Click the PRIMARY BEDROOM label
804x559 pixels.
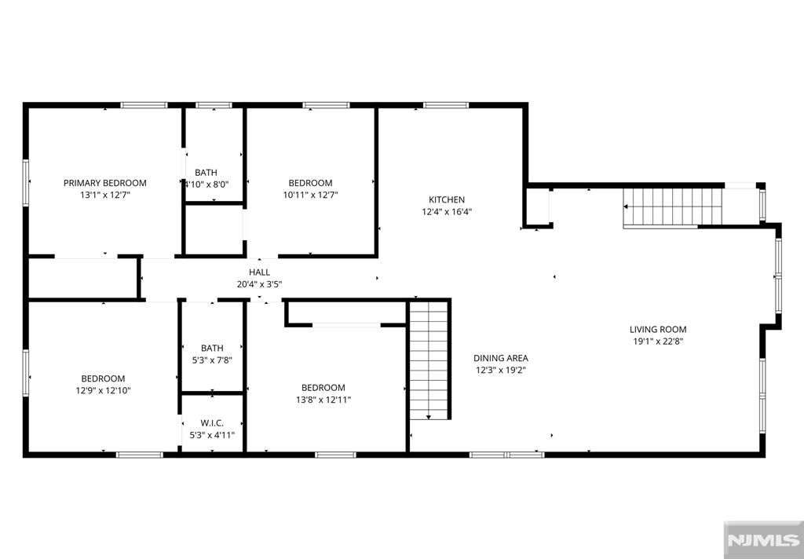tap(104, 183)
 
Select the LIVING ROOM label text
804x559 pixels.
tap(658, 330)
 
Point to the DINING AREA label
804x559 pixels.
tap(500, 359)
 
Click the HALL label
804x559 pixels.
tap(259, 272)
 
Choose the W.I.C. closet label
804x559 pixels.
tap(212, 423)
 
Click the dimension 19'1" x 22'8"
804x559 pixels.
tap(658, 342)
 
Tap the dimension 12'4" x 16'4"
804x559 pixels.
tap(447, 212)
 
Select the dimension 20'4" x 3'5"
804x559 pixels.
tap(259, 284)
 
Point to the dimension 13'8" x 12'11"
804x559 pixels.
tap(323, 400)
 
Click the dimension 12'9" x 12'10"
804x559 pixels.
tap(103, 391)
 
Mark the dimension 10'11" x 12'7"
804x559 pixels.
tap(310, 195)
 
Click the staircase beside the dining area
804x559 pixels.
tap(429, 360)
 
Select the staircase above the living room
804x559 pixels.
tap(673, 207)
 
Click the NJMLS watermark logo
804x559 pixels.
tap(763, 540)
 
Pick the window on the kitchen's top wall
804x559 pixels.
tap(446, 106)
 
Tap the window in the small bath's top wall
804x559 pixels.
tap(214, 106)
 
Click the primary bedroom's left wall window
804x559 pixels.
tap(26, 183)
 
